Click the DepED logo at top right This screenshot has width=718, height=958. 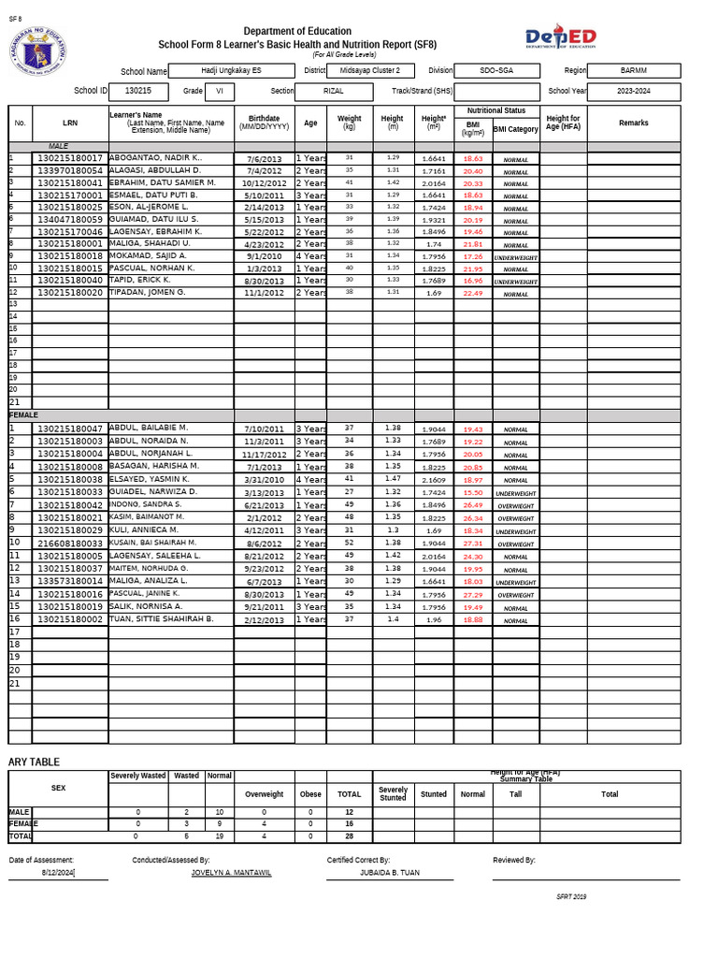[560, 37]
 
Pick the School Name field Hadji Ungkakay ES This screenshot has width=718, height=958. [232, 71]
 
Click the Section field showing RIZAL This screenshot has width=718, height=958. [333, 92]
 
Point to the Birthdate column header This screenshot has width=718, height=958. [264, 123]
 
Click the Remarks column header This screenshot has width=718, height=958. [633, 123]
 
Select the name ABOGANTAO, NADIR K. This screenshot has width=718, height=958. [156, 158]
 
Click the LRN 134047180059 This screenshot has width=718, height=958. [70, 219]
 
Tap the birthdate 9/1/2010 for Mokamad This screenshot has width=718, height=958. [264, 255]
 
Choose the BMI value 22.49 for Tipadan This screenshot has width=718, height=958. [473, 293]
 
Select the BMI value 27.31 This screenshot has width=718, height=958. [473, 543]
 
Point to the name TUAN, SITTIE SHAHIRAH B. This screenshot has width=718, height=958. [162, 619]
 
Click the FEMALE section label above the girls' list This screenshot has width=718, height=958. [24, 414]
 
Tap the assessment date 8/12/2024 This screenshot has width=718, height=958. [58, 872]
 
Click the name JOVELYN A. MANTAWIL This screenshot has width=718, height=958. [231, 872]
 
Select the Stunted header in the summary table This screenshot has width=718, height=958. [433, 793]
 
